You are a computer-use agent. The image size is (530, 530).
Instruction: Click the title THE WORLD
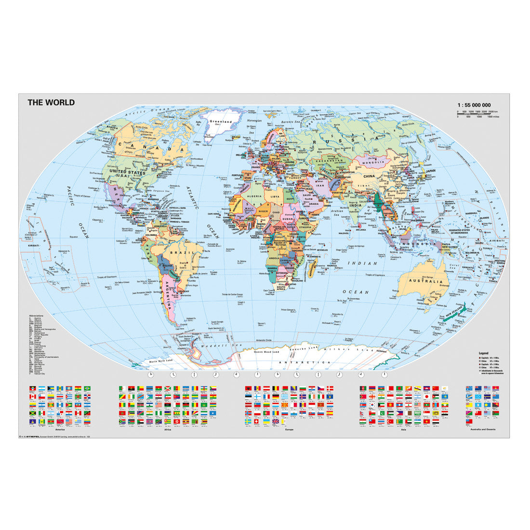51,102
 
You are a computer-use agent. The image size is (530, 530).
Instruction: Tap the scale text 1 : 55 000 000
474,105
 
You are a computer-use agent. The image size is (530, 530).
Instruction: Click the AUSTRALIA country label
426,281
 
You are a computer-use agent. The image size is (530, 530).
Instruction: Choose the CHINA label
369,176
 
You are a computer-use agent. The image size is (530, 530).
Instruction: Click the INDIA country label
355,206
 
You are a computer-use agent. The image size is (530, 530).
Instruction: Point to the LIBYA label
275,197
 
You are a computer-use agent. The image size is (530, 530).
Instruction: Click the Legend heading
483,353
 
